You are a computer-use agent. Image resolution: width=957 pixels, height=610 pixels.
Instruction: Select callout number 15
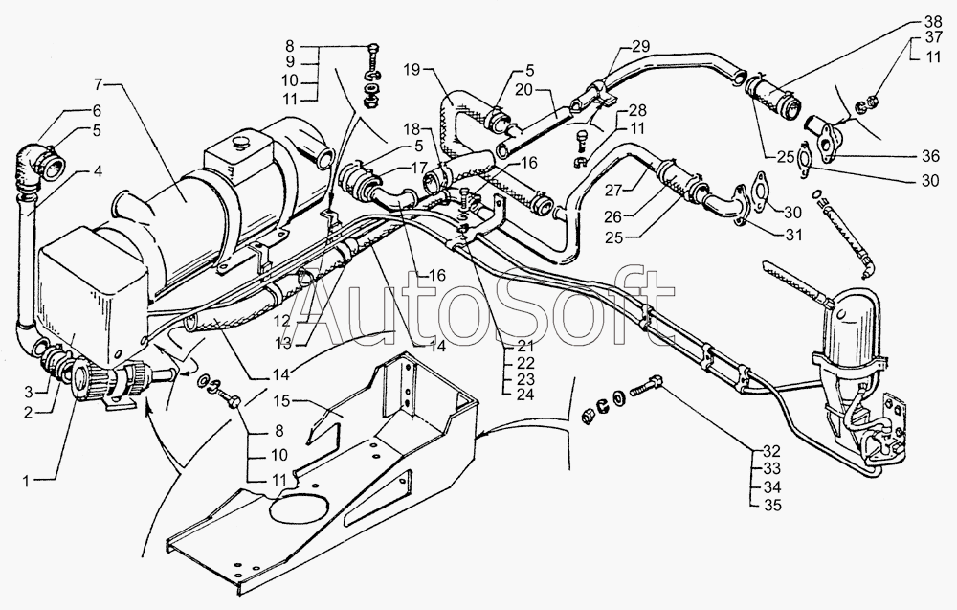point(282,401)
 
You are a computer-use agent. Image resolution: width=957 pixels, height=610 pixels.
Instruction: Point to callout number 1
point(26,481)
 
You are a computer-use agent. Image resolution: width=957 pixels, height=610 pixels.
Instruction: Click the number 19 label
point(412,69)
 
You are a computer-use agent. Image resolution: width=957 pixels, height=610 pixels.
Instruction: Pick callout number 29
point(641,46)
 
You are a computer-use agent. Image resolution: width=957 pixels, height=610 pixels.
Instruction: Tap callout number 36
point(931,156)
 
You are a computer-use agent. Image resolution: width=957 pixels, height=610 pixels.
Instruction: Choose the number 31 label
point(794,234)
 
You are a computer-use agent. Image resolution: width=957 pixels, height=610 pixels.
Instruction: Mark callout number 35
point(772,506)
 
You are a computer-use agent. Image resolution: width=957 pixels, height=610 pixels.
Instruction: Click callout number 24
point(524,395)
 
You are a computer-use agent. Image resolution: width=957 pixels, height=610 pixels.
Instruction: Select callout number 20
point(524,90)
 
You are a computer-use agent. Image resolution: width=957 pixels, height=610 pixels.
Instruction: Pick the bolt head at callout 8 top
point(373,48)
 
